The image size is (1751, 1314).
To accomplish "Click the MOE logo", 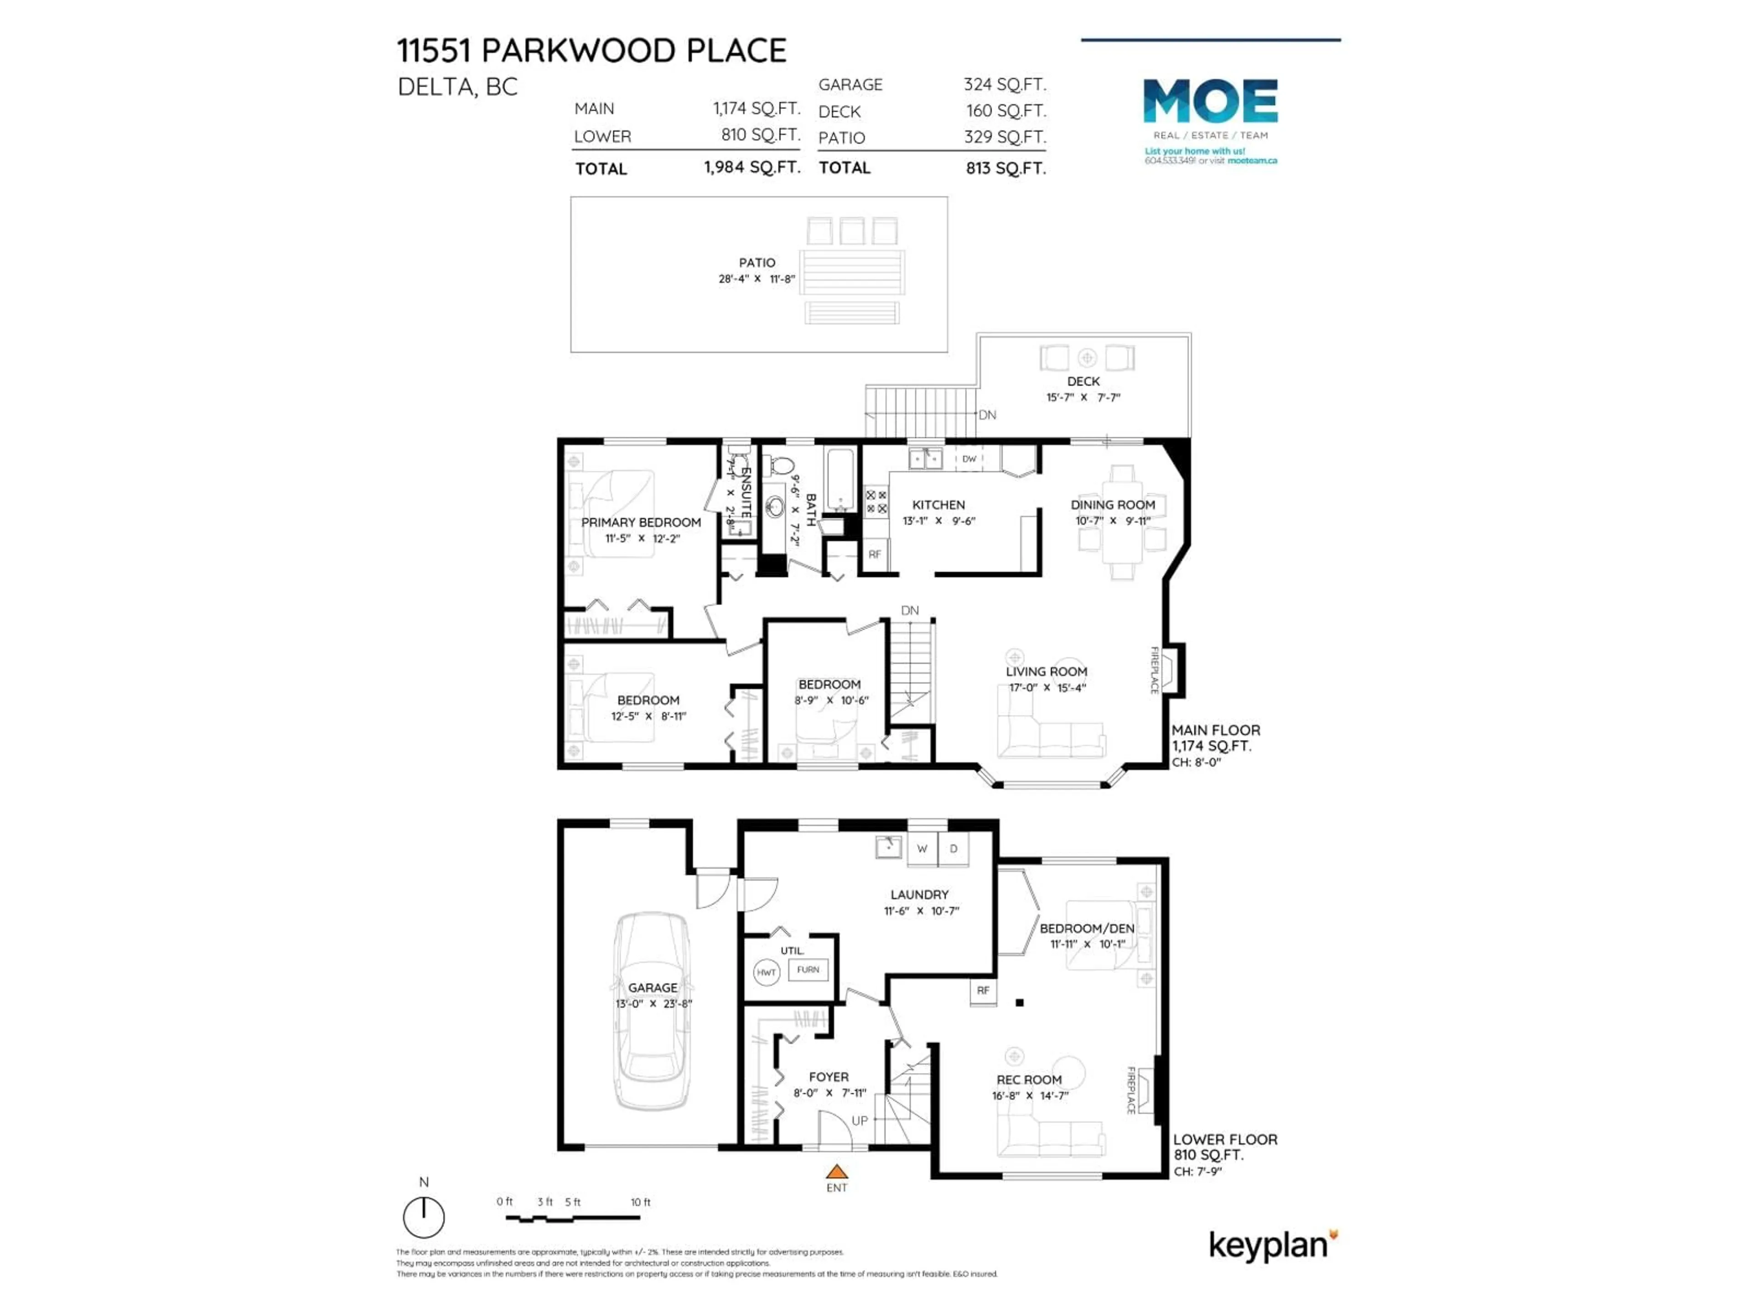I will (1210, 101).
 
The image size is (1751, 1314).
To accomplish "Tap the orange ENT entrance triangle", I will (837, 1172).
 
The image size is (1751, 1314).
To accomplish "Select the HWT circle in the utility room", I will (766, 972).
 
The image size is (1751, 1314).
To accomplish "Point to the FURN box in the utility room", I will (808, 970).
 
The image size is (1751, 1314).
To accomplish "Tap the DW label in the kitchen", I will (969, 459).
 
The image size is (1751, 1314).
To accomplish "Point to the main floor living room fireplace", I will (1170, 669).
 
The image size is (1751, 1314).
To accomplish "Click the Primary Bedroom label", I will (640, 522).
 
